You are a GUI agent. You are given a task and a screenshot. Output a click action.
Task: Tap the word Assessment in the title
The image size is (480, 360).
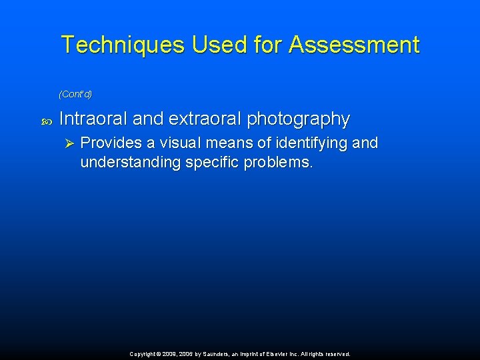click(354, 45)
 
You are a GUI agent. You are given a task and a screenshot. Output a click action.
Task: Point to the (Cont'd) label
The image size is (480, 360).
click(75, 93)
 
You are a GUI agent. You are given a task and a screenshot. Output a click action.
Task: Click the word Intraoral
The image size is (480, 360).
click(93, 119)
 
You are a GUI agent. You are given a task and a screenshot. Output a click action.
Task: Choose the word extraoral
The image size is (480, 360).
click(204, 119)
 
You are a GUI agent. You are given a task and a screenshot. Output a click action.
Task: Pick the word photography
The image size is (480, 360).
click(299, 119)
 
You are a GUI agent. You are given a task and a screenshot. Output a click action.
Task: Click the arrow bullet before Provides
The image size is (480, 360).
click(67, 143)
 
